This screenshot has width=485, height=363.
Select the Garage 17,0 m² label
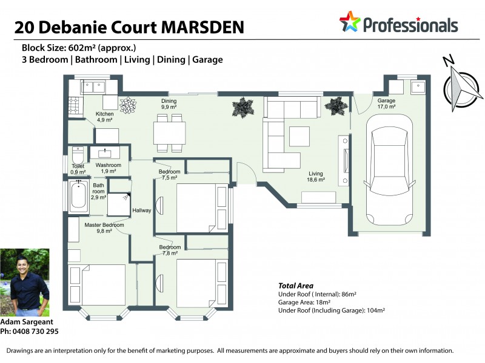386,103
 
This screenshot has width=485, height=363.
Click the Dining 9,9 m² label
169,103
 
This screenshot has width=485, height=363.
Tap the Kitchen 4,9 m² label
104,117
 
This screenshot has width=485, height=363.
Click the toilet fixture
78,154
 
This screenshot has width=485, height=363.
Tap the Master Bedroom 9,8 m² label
104,227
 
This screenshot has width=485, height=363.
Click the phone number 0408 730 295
36,332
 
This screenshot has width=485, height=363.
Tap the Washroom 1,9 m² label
109,168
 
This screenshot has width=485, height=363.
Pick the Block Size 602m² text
78,48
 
